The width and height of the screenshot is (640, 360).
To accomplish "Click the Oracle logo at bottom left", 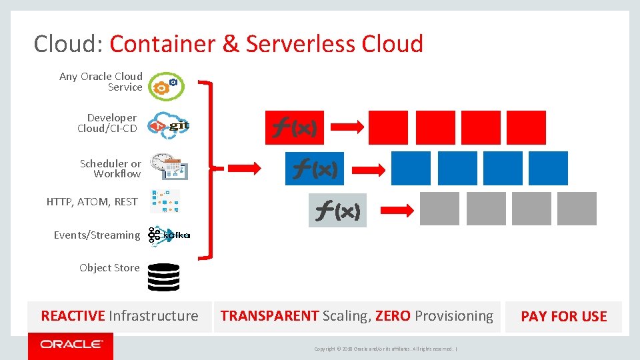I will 71,345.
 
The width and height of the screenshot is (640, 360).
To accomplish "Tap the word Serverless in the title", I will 301,44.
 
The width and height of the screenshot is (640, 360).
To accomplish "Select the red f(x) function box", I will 295,127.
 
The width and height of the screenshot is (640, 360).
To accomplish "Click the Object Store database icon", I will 163,277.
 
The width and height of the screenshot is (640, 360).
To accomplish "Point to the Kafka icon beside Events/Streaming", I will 169,236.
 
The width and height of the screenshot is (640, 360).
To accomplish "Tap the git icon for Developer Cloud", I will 169,125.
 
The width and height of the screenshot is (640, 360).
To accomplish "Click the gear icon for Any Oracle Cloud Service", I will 165,85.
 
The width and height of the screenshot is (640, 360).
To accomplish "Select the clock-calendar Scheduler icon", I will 169,166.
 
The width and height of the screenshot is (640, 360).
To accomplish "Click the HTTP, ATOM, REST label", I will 92,201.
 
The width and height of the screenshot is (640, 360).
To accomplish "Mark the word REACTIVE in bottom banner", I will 73,316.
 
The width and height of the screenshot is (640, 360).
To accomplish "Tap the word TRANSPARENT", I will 269,316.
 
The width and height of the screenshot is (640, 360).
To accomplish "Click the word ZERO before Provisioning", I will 393,316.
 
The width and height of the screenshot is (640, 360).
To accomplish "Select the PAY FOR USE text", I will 563,317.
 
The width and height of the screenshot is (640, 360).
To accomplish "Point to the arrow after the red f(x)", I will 347,127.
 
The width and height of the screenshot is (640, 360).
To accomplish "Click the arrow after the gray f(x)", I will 399,210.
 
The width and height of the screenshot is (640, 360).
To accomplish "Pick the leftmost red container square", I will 387,127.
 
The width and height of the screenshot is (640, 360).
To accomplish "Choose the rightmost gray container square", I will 577,209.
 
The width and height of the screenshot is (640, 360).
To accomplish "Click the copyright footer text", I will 385,349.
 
